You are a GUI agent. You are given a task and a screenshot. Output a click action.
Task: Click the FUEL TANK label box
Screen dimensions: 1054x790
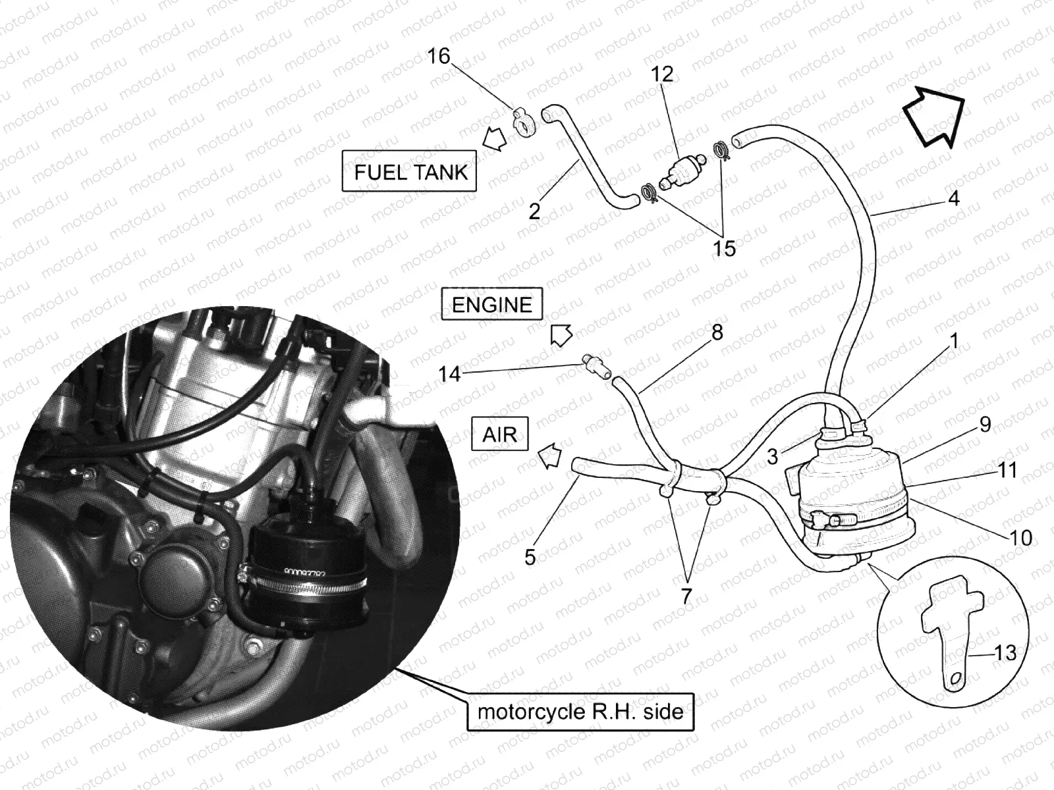coord(409,171)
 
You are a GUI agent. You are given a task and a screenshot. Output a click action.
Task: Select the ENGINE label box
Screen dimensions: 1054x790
coord(491,304)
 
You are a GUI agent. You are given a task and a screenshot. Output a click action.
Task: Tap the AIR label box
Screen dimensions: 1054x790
coord(500,434)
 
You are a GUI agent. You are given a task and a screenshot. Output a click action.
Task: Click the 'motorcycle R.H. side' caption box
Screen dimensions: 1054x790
coord(580,712)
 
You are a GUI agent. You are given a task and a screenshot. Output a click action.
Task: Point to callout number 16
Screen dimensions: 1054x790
coord(439,57)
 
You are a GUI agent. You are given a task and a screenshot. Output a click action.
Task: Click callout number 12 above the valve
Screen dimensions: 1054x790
coord(661,74)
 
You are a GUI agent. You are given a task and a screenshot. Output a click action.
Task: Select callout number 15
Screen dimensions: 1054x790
coord(723,248)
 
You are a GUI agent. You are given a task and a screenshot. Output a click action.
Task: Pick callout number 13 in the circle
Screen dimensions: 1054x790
coord(1005,653)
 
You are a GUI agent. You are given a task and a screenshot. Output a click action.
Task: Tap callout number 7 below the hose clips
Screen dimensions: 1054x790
coord(686,596)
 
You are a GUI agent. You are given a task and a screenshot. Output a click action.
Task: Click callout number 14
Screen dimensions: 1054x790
coord(449,374)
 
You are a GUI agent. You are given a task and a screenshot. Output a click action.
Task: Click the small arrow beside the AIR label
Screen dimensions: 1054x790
coord(550,455)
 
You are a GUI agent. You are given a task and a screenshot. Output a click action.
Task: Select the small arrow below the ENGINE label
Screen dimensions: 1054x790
coord(561,335)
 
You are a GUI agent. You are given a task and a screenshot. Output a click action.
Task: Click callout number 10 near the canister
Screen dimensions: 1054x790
coord(1020,538)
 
